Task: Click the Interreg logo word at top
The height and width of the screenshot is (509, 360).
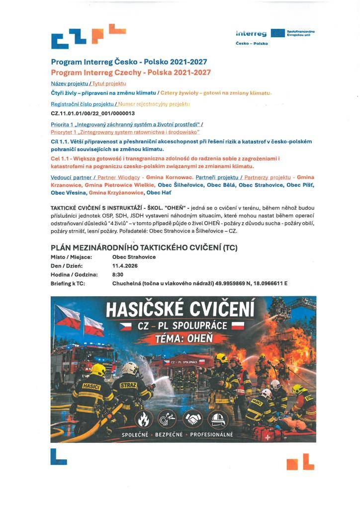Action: pyautogui.click(x=251, y=33)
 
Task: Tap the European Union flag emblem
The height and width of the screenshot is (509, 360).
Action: pyautogui.click(x=277, y=33)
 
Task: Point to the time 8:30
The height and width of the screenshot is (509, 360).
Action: pyautogui.click(x=118, y=274)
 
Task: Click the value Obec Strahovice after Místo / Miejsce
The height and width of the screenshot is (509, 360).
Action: pyautogui.click(x=134, y=257)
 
